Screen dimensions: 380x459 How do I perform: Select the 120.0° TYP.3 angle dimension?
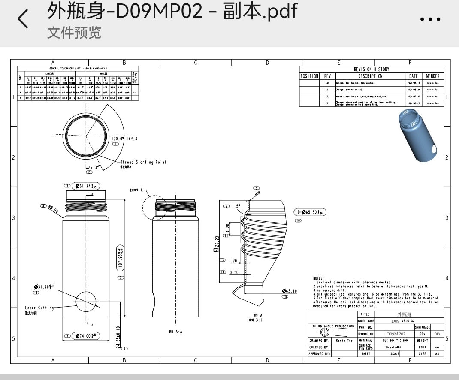coord(124,139)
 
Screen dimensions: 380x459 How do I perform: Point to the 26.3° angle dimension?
coord(92,168)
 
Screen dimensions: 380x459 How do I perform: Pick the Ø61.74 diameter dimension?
coord(86,186)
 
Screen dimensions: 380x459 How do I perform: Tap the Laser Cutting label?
coord(39,308)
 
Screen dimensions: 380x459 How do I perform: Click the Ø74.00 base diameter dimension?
coord(86,336)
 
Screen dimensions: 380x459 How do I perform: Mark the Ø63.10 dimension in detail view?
coord(290,291)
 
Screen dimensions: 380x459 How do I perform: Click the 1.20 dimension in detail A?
coord(233,260)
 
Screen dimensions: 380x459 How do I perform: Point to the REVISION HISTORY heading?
coord(371,69)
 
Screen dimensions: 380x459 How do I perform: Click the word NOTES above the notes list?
coord(319,278)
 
